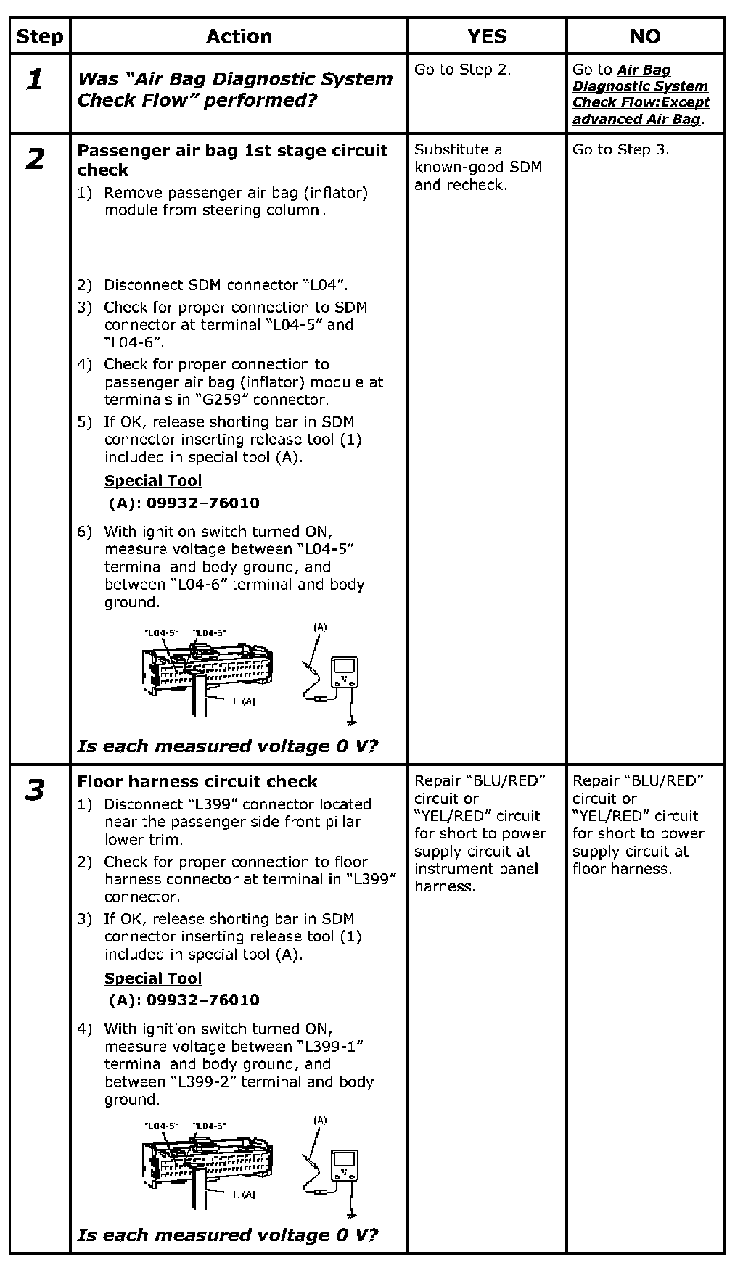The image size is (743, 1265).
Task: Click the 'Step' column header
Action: click(x=40, y=36)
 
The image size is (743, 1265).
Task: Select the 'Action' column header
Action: click(x=239, y=36)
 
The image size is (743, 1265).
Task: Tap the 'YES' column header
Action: click(x=486, y=36)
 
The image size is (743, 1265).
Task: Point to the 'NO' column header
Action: click(x=645, y=36)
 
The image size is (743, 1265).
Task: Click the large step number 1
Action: click(x=35, y=80)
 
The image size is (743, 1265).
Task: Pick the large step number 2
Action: click(x=35, y=160)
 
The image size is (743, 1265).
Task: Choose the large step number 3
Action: click(x=35, y=791)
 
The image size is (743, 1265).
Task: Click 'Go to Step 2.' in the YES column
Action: click(x=462, y=70)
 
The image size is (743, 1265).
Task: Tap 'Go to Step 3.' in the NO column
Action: click(x=620, y=149)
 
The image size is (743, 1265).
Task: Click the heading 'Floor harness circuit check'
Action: click(x=197, y=781)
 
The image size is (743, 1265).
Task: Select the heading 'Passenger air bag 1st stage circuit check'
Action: click(x=232, y=160)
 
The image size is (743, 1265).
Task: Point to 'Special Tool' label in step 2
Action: click(x=153, y=481)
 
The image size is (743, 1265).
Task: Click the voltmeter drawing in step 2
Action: click(x=343, y=673)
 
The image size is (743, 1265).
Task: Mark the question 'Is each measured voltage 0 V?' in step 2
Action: click(x=228, y=746)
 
